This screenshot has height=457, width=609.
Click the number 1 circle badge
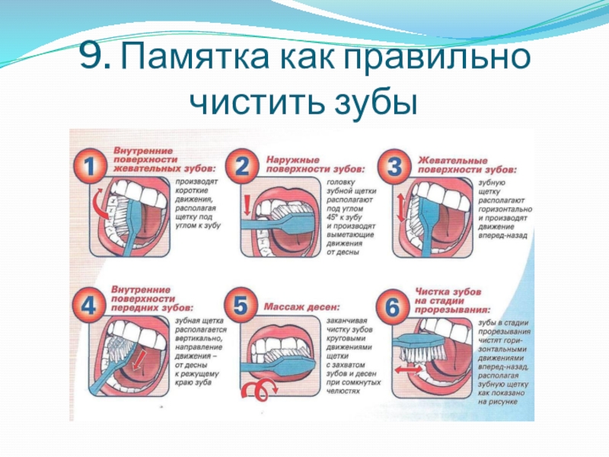coord(91,167)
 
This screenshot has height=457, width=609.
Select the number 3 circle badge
coord(396,167)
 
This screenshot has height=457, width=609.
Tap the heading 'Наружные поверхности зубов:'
coord(314,162)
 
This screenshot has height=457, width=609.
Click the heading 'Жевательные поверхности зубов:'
coord(467,162)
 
